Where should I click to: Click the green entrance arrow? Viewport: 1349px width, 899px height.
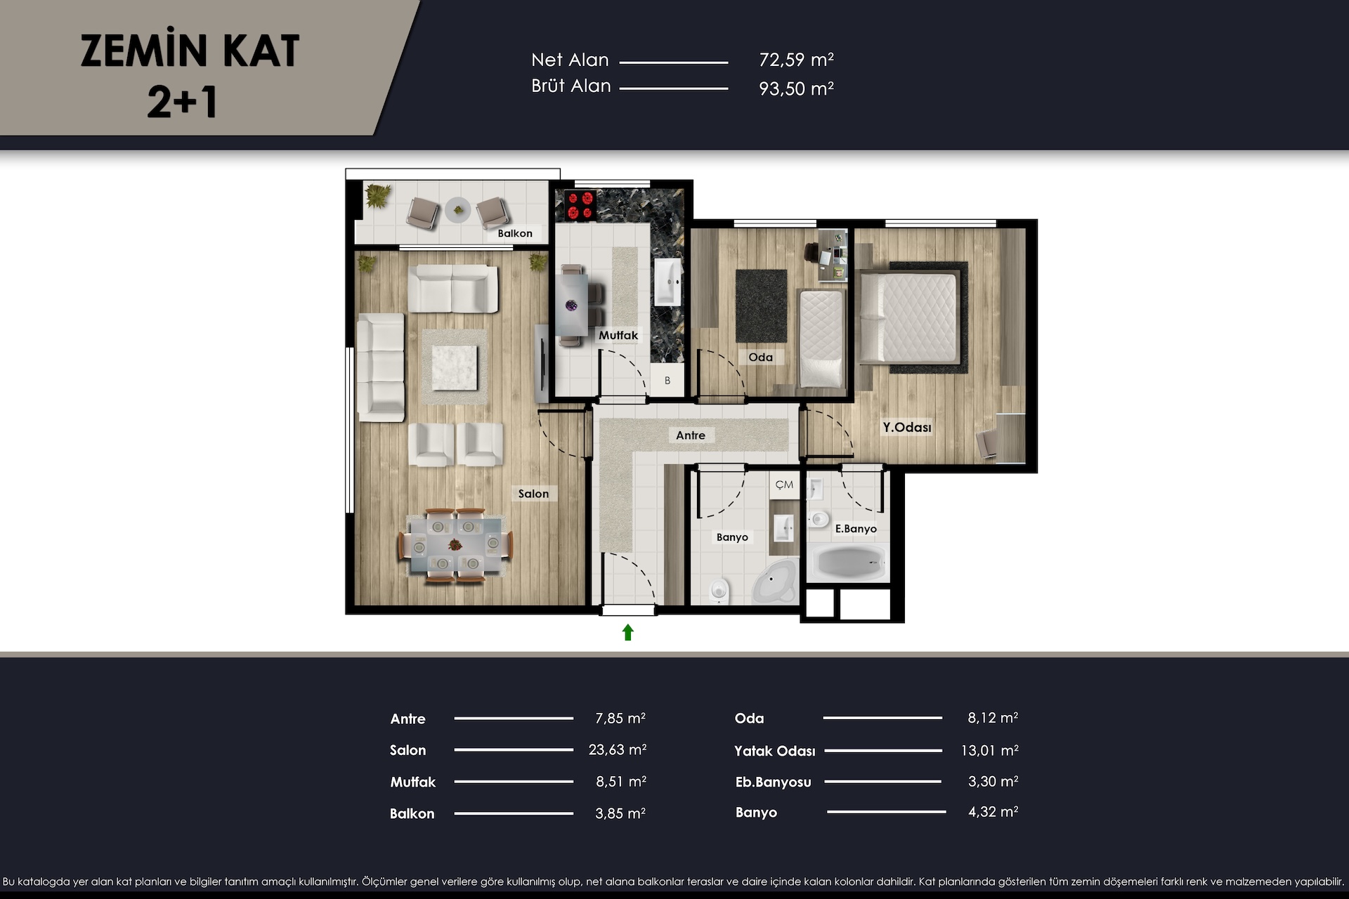(x=628, y=632)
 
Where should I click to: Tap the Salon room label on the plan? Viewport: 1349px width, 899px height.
(x=533, y=494)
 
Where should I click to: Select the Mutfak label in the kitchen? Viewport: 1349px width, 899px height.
(x=618, y=335)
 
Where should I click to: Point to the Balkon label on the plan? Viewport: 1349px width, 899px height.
(x=515, y=233)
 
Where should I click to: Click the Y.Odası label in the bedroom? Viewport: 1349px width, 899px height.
(x=907, y=427)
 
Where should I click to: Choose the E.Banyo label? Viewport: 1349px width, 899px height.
(x=856, y=529)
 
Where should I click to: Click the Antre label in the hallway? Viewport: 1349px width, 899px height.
(x=691, y=435)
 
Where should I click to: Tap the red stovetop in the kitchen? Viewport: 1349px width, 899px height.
(x=576, y=205)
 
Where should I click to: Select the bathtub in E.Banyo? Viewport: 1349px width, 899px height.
(x=849, y=562)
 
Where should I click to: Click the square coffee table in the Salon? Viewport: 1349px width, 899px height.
(x=454, y=367)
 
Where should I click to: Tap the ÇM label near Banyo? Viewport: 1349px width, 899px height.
(x=784, y=485)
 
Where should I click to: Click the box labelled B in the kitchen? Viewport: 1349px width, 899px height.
(x=667, y=380)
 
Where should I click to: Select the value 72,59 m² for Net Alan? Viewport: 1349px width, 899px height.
(x=797, y=60)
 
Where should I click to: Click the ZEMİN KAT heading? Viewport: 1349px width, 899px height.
(x=190, y=51)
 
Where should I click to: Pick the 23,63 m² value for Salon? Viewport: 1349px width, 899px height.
(x=618, y=749)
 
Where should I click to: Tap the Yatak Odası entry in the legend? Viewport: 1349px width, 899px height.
(x=775, y=751)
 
